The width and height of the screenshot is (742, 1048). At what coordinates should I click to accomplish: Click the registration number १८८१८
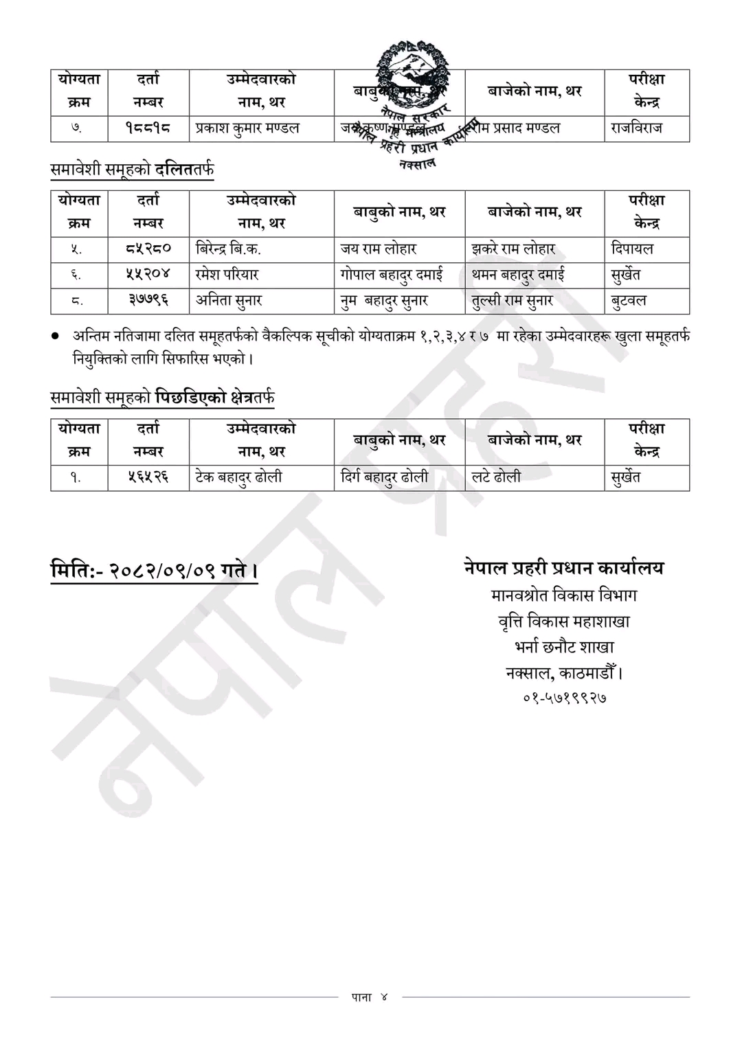148,128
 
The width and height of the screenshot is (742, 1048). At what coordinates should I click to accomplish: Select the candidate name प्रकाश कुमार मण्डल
247,128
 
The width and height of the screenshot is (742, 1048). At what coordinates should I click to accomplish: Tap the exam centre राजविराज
637,128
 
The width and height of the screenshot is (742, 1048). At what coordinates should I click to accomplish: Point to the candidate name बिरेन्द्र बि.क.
228,249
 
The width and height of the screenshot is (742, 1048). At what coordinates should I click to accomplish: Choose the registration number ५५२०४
148,275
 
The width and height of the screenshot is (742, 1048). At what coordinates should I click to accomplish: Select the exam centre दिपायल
632,249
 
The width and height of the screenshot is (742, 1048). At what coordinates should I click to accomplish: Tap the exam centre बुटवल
629,301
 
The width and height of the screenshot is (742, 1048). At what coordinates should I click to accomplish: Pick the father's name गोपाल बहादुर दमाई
392,275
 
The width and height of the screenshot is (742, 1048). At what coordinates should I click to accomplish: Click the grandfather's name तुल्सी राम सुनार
513,301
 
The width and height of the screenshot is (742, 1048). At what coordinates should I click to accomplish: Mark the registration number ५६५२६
148,477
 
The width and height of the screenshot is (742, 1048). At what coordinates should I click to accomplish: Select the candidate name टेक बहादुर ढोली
238,477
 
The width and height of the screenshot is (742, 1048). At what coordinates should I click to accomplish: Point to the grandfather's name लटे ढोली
496,477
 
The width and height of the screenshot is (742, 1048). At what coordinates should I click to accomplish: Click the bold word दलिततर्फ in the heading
184,169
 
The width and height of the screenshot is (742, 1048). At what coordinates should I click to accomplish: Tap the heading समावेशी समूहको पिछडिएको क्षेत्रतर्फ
163,397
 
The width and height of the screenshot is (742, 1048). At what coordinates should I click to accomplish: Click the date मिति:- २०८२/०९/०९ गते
154,571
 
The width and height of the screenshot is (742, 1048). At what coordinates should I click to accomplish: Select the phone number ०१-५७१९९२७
564,698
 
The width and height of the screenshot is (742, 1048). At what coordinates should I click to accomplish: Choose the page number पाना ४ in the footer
370,997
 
